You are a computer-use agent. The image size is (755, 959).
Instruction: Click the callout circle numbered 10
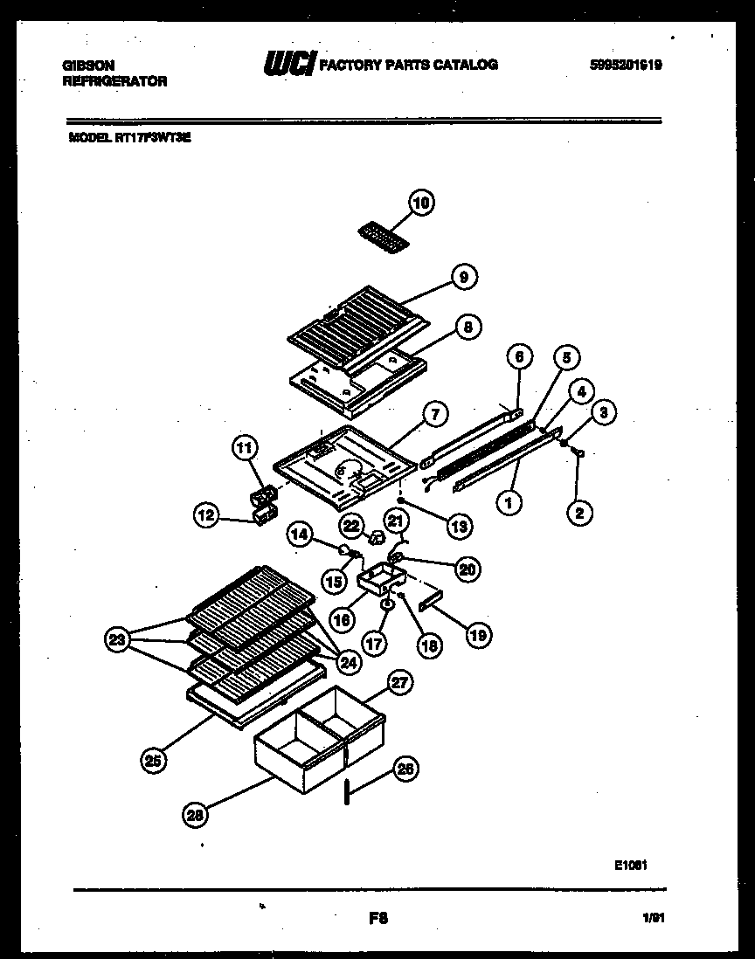pyautogui.click(x=421, y=204)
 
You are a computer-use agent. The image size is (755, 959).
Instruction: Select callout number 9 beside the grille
pyautogui.click(x=464, y=277)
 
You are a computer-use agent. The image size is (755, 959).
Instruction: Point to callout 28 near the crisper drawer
pyautogui.click(x=195, y=816)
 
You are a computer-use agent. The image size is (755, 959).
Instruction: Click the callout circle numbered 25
pyautogui.click(x=153, y=761)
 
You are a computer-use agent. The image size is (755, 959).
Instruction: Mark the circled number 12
pyautogui.click(x=205, y=515)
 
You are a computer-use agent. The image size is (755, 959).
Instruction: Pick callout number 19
pyautogui.click(x=478, y=635)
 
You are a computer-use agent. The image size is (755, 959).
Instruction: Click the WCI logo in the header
pyautogui.click(x=288, y=64)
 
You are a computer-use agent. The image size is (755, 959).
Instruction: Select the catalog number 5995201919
pyautogui.click(x=625, y=64)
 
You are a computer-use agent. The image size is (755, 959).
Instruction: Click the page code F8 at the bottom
pyautogui.click(x=377, y=918)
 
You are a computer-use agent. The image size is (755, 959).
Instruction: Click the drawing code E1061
pyautogui.click(x=630, y=865)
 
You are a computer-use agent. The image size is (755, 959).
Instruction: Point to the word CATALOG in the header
pyautogui.click(x=468, y=65)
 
